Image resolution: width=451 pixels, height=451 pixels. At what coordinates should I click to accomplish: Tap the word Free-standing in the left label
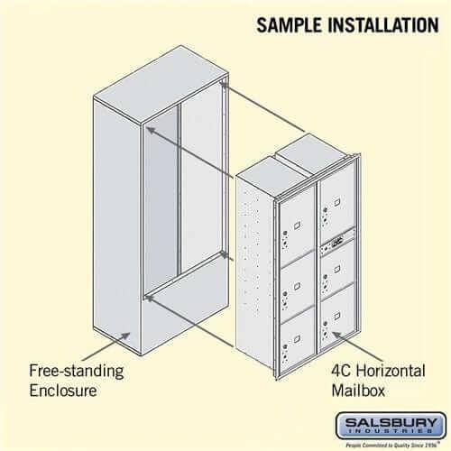pyautogui.click(x=77, y=371)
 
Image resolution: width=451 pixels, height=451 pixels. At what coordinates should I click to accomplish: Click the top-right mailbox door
pyautogui.click(x=336, y=207)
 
